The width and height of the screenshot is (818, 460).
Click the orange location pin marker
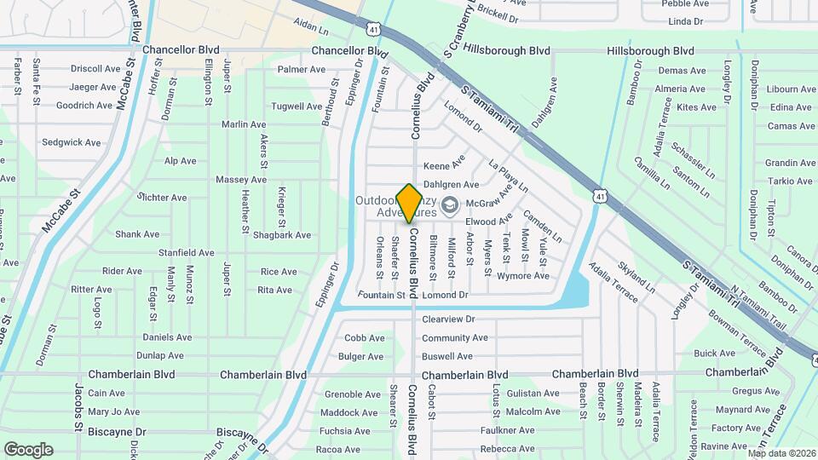click(409, 203)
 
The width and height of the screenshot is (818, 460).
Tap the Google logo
click(28, 450)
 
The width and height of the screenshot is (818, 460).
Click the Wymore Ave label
click(523, 276)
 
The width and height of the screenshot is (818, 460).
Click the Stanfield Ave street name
click(187, 253)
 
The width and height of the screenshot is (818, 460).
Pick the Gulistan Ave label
click(533, 394)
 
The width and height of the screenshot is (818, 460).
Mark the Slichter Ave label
click(163, 198)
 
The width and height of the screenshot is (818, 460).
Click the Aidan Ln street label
click(312, 28)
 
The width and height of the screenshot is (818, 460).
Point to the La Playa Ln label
click(509, 175)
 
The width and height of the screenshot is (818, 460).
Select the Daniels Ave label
click(167, 337)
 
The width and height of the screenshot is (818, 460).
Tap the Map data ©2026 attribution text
click(781, 453)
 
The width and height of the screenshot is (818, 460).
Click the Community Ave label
click(455, 337)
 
